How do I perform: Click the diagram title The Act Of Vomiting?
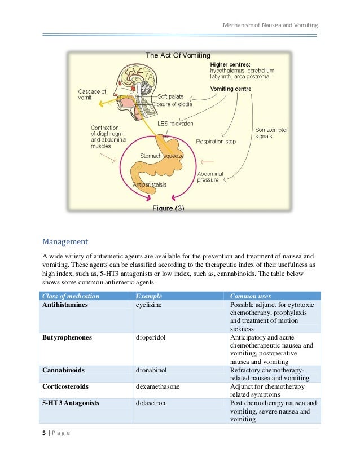pos(178,55)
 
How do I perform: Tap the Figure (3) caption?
pos(168,208)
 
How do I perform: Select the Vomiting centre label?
pos(231,89)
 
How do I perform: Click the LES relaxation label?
pos(175,124)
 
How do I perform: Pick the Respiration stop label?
pos(216,141)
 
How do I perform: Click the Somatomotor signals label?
pos(271,133)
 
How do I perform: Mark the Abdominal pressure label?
pos(210,177)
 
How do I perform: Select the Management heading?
pos(65,242)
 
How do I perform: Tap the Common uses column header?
pos(251,296)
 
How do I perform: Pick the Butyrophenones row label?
pos(67,337)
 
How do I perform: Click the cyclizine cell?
pos(150,305)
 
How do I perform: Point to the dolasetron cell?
pos(151,403)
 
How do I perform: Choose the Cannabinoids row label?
pos(64,370)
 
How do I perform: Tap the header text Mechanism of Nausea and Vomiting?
pos(270,25)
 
